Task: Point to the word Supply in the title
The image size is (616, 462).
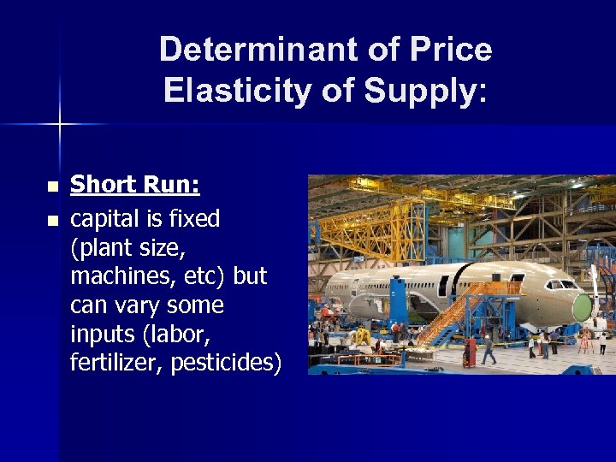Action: coord(418,90)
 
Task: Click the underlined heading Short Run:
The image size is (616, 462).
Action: coord(134,185)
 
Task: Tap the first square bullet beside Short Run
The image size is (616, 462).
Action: coord(52,187)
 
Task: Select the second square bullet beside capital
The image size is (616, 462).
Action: coord(52,221)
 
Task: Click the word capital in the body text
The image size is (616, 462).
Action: coord(107,219)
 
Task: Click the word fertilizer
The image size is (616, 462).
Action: coord(116,362)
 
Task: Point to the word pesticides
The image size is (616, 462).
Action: coord(226,362)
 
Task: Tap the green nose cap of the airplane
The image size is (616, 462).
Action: coord(583,307)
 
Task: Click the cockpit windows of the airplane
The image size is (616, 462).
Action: coord(563,284)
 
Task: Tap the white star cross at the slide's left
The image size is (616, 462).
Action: coord(59,125)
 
